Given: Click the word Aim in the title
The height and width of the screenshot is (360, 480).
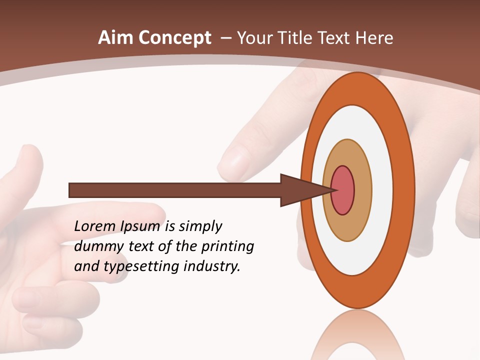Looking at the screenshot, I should (x=115, y=38).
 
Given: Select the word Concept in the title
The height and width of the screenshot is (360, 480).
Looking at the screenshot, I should (x=175, y=38).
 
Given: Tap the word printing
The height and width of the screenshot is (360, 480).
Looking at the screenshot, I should (x=227, y=246).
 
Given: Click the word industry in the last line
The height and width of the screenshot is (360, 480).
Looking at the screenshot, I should (x=212, y=266).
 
